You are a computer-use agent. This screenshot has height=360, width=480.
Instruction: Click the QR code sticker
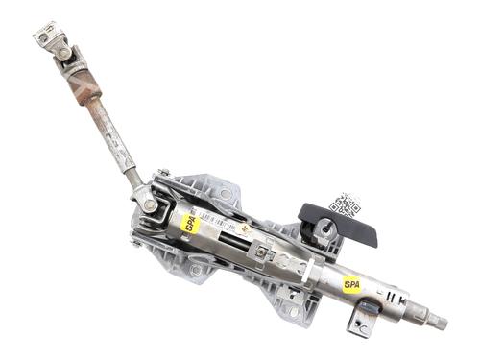point(345,204)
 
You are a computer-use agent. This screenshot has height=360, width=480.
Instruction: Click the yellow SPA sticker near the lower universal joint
point(190,223)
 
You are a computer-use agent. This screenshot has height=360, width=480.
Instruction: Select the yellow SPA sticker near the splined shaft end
point(352,283)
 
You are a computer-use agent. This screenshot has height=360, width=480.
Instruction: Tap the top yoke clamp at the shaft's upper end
point(47,36)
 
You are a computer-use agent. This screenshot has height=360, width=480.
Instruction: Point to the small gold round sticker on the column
point(246,229)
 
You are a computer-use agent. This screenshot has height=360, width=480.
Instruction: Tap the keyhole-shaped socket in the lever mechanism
point(324,228)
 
